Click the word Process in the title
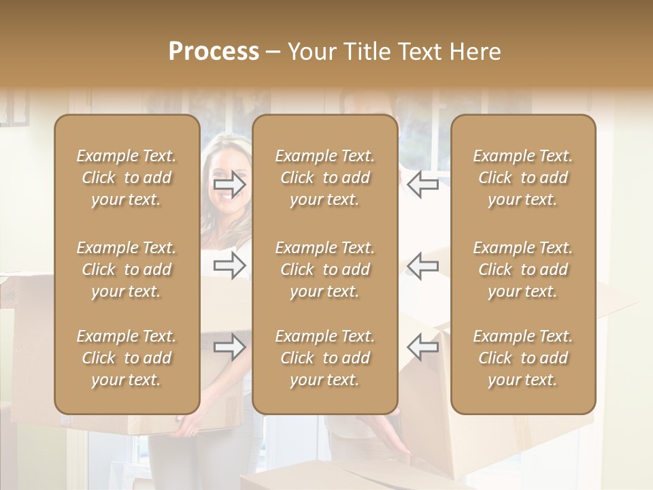[214, 52]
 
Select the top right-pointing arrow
[229, 184]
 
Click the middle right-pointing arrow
[229, 265]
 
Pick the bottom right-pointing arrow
[229, 348]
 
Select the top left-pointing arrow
[422, 184]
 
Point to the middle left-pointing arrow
[422, 265]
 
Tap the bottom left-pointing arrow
[422, 347]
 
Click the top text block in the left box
[127, 178]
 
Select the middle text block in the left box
[127, 269]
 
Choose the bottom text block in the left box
[127, 358]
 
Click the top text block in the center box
[325, 178]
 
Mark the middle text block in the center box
[325, 269]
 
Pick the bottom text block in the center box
[325, 358]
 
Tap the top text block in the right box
[523, 178]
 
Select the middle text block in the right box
[523, 269]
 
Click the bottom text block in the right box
[523, 358]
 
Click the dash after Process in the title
[273, 52]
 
